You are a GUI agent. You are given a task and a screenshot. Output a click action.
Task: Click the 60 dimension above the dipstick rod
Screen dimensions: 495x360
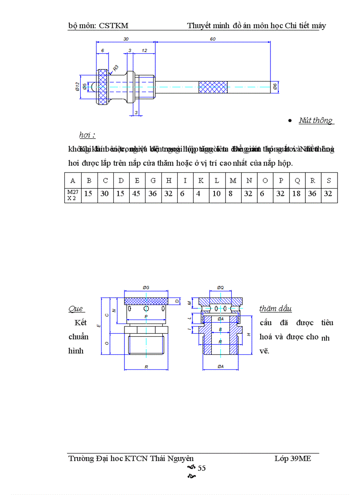point(213,39)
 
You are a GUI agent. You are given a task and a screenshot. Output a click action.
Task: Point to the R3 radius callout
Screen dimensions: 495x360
point(116,67)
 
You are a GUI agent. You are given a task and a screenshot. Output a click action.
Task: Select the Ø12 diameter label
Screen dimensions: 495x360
point(77,86)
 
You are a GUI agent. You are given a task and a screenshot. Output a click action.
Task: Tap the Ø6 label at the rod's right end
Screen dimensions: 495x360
point(275,87)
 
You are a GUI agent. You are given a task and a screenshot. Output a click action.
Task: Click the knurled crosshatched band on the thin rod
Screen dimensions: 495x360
point(213,87)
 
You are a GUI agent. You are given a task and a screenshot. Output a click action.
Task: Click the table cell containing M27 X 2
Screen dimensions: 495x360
point(72,194)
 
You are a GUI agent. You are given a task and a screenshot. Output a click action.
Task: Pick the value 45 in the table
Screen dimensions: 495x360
point(137,194)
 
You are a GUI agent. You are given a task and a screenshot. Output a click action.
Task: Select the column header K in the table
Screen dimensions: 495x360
point(201,180)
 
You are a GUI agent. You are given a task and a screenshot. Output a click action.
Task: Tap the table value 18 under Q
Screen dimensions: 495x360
point(297,194)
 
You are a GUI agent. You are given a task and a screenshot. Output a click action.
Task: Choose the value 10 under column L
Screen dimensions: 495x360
point(217,194)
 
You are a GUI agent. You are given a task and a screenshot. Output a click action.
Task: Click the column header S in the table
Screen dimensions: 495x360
point(329,180)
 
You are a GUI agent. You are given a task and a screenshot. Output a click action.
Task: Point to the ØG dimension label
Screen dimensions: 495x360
point(146,287)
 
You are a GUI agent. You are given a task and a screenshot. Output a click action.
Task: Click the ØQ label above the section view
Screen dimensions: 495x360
point(220,287)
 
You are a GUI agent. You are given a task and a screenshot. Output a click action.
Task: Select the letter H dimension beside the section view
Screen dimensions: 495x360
point(248,335)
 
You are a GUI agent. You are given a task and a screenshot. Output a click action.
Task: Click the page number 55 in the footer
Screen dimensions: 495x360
point(201,468)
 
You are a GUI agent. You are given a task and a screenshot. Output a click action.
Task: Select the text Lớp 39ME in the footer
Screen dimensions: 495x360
point(292,458)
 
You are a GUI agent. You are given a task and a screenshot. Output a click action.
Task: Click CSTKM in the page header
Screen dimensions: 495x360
point(114,26)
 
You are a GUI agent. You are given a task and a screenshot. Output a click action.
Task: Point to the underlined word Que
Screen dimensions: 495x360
point(76,309)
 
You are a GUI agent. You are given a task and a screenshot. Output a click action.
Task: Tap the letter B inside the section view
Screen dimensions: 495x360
point(220,329)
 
